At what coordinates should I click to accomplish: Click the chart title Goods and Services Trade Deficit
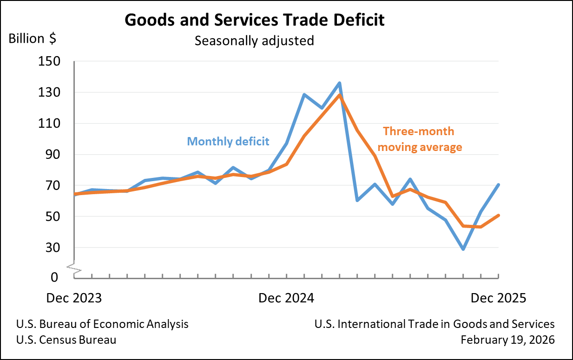pyautogui.click(x=254, y=20)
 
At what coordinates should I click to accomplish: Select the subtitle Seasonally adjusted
pyautogui.click(x=254, y=40)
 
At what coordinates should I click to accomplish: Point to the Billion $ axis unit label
pyautogui.click(x=33, y=39)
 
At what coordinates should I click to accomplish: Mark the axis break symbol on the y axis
pyautogui.click(x=74, y=267)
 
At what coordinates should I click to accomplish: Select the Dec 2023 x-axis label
pyautogui.click(x=74, y=298)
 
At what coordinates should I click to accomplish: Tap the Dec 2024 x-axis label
pyautogui.click(x=286, y=298)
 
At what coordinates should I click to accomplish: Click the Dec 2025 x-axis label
pyautogui.click(x=498, y=298)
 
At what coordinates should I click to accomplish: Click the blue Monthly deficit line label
pyautogui.click(x=228, y=141)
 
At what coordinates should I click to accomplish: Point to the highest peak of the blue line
pyautogui.click(x=340, y=83)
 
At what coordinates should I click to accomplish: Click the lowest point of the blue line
pyautogui.click(x=463, y=249)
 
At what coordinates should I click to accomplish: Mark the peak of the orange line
pyautogui.click(x=340, y=95)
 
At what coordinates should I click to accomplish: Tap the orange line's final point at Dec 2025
pyautogui.click(x=498, y=215)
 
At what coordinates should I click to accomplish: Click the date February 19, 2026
pyautogui.click(x=507, y=340)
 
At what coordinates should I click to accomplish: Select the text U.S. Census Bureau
pyautogui.click(x=66, y=340)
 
